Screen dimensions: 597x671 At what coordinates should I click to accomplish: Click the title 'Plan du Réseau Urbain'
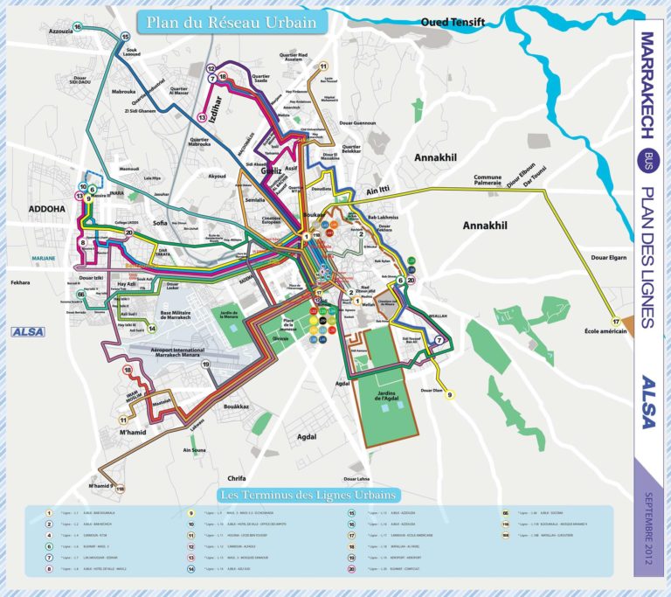pyautogui.click(x=231, y=23)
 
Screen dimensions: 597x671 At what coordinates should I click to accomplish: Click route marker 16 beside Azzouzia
pyautogui.click(x=78, y=28)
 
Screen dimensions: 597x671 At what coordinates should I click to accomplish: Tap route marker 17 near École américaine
pyautogui.click(x=615, y=323)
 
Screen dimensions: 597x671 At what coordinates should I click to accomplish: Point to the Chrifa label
pyautogui.click(x=237, y=478)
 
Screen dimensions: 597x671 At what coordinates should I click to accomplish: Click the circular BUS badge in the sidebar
pyautogui.click(x=647, y=159)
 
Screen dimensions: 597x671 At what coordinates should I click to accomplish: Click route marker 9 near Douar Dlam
pyautogui.click(x=451, y=395)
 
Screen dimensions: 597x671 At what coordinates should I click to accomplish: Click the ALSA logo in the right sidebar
pyautogui.click(x=647, y=401)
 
